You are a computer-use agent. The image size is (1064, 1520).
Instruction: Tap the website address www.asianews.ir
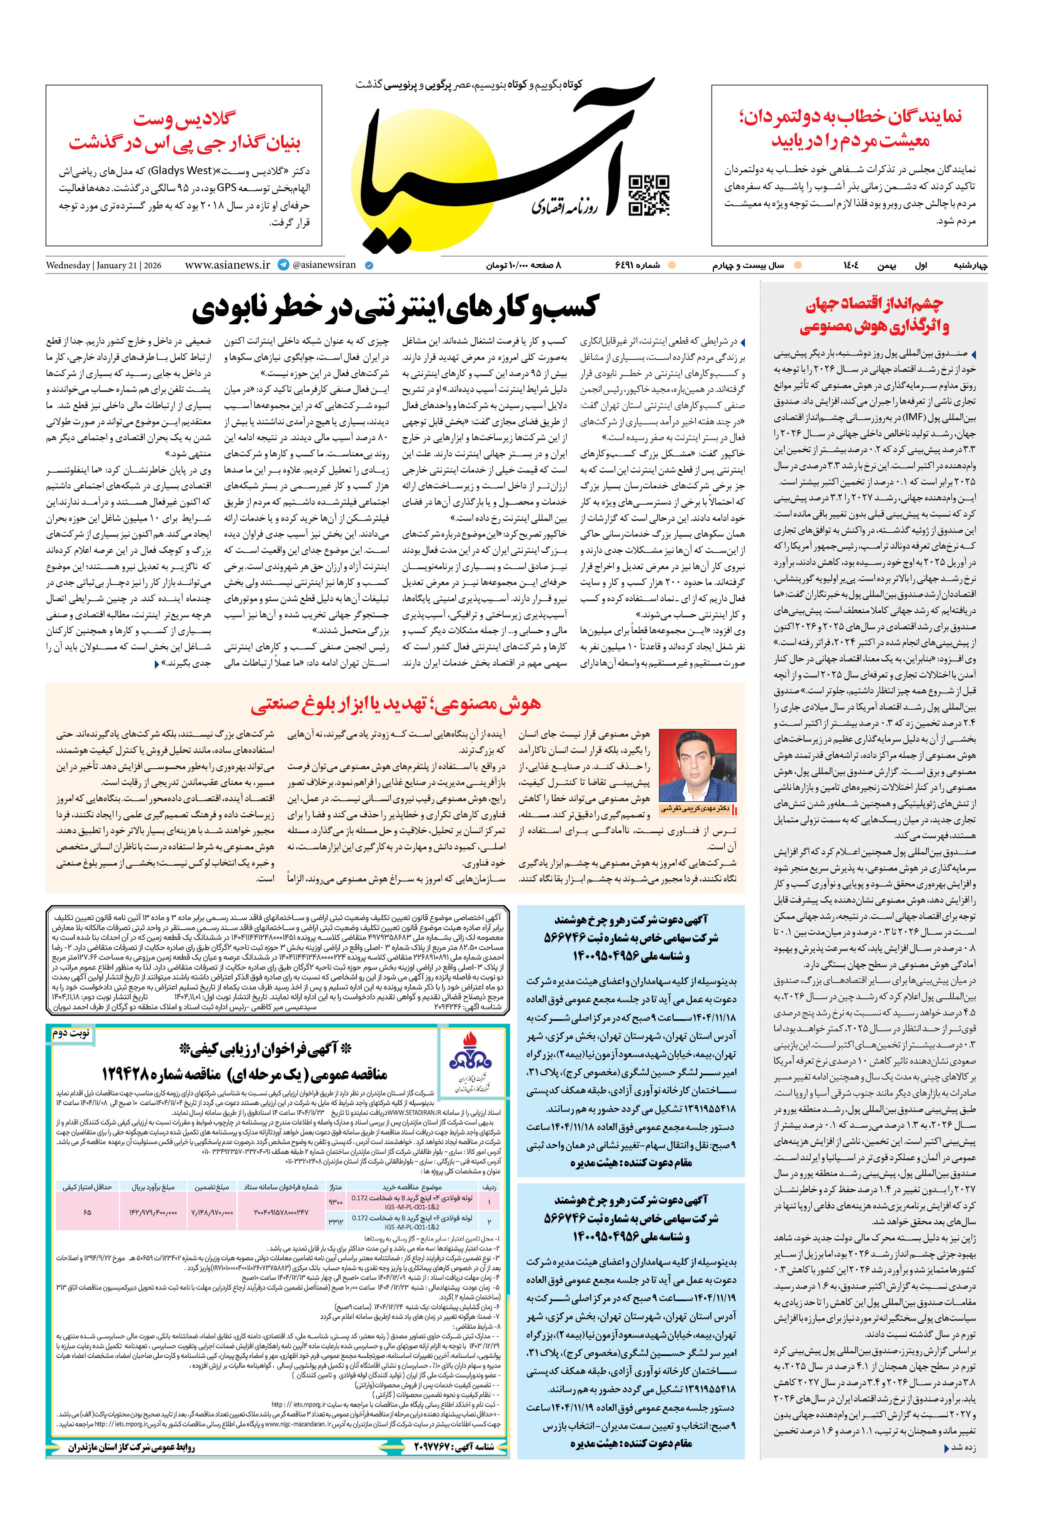click(227, 265)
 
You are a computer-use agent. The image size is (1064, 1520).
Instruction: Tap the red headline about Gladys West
click(184, 130)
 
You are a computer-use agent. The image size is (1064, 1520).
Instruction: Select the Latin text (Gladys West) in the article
click(182, 170)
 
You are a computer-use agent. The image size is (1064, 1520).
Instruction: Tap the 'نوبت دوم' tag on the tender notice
click(71, 1033)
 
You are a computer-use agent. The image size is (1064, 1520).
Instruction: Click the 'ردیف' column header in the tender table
click(489, 1187)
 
